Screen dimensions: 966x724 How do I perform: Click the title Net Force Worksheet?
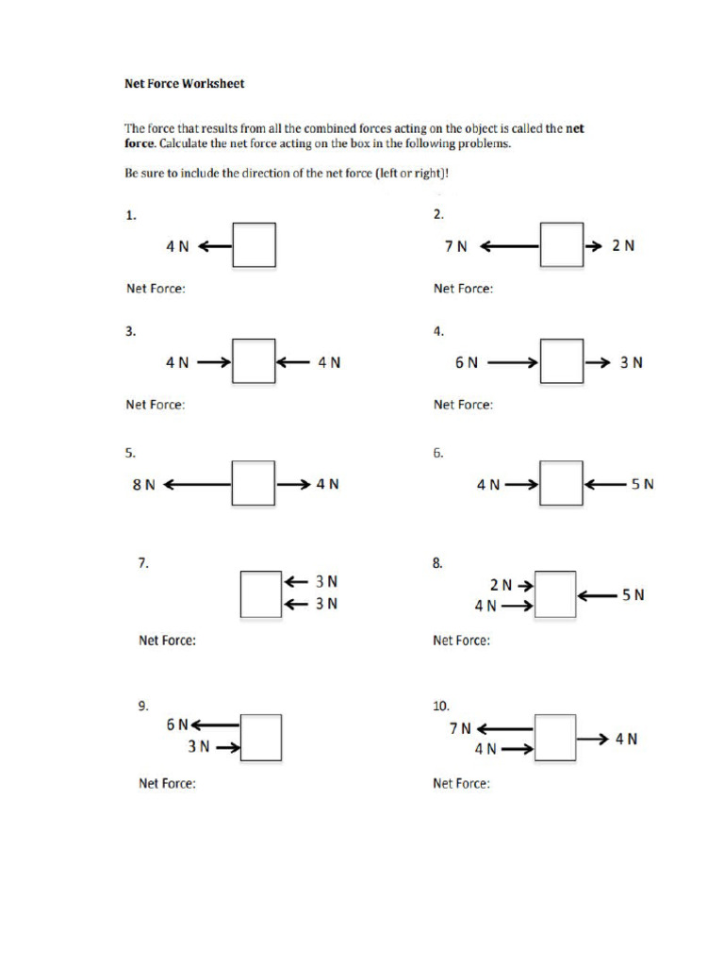tap(185, 84)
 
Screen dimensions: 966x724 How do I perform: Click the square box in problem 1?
tap(255, 245)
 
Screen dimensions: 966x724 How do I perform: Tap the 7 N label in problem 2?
tap(456, 246)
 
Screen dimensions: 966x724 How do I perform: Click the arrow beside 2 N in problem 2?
tap(594, 245)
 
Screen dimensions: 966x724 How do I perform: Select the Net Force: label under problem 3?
tap(156, 405)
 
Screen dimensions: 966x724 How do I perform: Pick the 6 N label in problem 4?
tap(466, 362)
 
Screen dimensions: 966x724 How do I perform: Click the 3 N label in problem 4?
tap(631, 362)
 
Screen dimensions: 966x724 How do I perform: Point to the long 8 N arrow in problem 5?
tap(197, 484)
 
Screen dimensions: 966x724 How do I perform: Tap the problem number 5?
tap(130, 453)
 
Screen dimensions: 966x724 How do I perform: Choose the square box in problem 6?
tap(562, 483)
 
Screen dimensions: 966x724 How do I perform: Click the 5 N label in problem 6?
tap(642, 484)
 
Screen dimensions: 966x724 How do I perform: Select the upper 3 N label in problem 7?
tap(326, 582)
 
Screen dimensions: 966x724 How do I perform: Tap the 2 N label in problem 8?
tap(500, 585)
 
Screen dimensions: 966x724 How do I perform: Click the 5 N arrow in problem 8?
tap(598, 595)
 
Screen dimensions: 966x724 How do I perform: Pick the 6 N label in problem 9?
tap(177, 724)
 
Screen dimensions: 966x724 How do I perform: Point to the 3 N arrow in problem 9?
tap(228, 748)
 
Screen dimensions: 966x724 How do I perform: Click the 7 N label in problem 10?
tap(460, 728)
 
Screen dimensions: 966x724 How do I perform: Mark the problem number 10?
tap(441, 706)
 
